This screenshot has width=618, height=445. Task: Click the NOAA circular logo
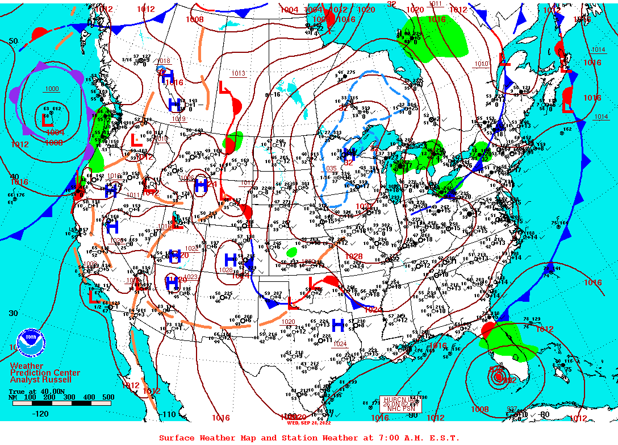pyautogui.click(x=31, y=342)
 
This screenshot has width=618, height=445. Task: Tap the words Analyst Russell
pyautogui.click(x=41, y=380)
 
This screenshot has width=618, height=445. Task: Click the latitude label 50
pyautogui.click(x=14, y=41)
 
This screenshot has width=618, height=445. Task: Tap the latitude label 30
pyautogui.click(x=14, y=313)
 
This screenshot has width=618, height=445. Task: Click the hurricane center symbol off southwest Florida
pyautogui.click(x=498, y=377)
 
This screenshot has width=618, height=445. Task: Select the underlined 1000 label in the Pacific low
pyautogui.click(x=52, y=89)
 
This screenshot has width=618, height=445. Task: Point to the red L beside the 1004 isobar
pyautogui.click(x=48, y=120)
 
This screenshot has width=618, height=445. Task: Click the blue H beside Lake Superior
pyautogui.click(x=349, y=153)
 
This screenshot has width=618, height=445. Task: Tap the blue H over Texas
pyautogui.click(x=338, y=326)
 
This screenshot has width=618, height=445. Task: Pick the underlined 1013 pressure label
pyautogui.click(x=238, y=73)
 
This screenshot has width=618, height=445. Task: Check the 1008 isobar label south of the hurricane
pyautogui.click(x=479, y=409)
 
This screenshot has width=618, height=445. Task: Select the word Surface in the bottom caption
pyautogui.click(x=177, y=438)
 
